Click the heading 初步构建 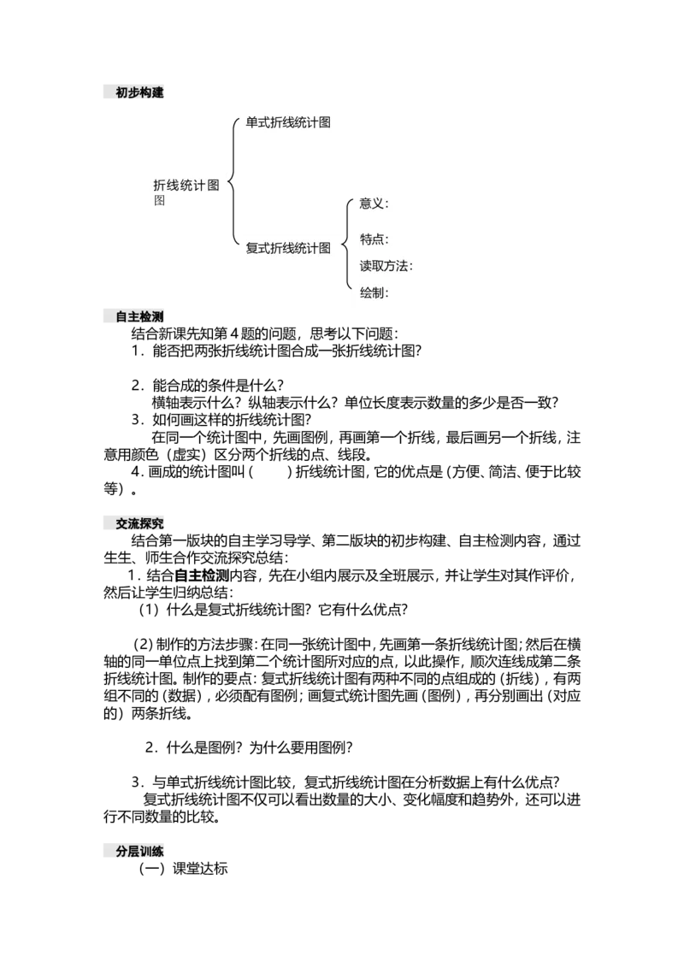coord(139,92)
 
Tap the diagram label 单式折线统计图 coord(288,122)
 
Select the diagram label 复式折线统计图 coord(288,248)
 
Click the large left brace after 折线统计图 coord(233,182)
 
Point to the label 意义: coord(374,204)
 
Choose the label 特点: coord(374,239)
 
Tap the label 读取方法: coord(386,266)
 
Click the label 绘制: coord(374,292)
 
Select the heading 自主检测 coord(139,316)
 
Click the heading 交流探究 coord(139,523)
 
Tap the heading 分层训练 coord(139,851)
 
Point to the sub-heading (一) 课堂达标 coord(183,869)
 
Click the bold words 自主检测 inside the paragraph coord(202,576)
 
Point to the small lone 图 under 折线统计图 coord(160,201)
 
